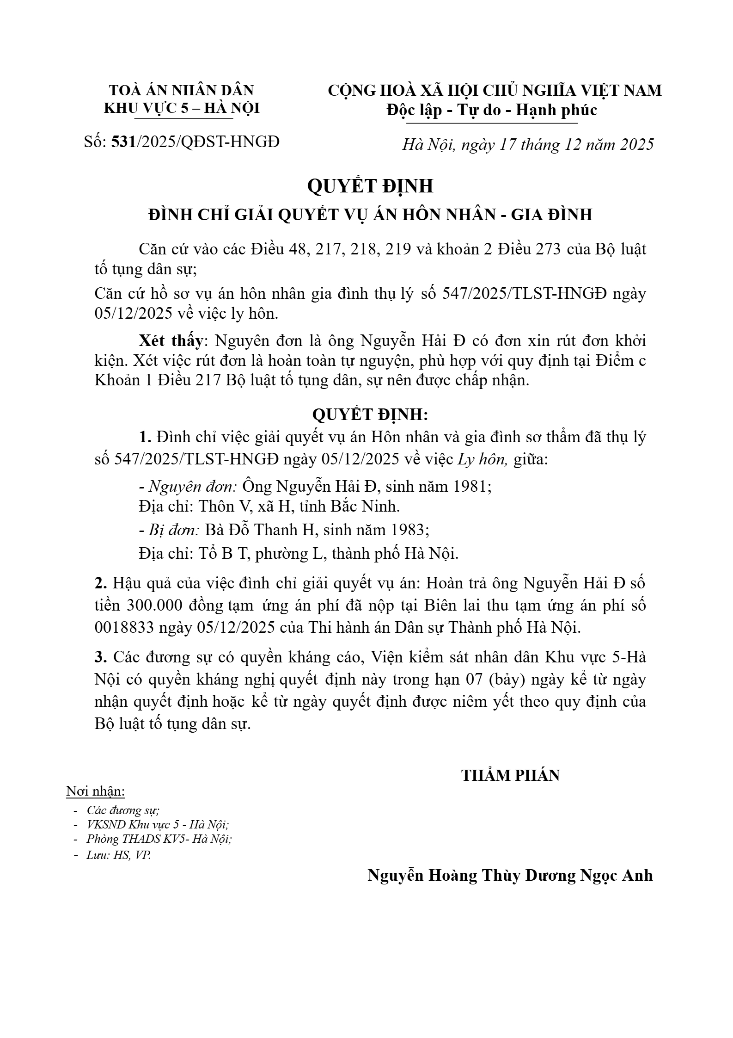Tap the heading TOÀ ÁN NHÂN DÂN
[182, 90]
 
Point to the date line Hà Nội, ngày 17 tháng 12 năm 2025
[528, 145]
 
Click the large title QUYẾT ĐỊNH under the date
[370, 186]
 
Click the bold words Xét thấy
[171, 341]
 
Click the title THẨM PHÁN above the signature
[510, 776]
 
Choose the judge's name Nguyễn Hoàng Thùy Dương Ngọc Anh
[510, 876]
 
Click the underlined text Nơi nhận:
[96, 791]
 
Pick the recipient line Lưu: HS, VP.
[118, 855]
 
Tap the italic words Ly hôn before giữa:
[483, 460]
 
